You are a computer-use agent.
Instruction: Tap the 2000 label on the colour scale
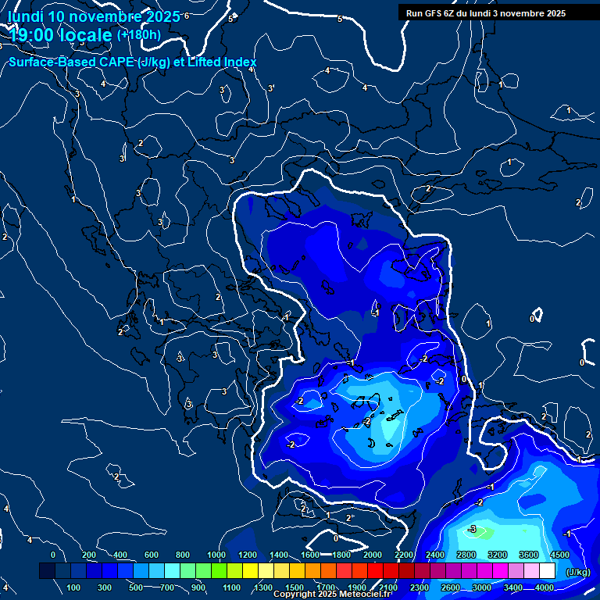pyautogui.click(x=373, y=555)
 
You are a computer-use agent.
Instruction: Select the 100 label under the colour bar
pyautogui.click(x=74, y=587)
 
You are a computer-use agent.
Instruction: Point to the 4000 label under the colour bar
pyautogui.click(x=545, y=587)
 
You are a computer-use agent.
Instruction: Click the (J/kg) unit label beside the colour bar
pyautogui.click(x=578, y=572)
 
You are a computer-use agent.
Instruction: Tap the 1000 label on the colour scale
pyautogui.click(x=216, y=555)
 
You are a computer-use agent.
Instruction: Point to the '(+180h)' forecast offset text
pyautogui.click(x=139, y=34)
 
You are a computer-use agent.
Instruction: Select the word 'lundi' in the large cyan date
pyautogui.click(x=25, y=16)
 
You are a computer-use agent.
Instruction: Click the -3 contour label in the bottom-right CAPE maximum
pyautogui.click(x=472, y=529)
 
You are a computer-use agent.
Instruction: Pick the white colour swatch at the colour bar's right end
pyautogui.click(x=547, y=571)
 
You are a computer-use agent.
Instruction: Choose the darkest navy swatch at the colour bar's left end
pyautogui.click(x=47, y=571)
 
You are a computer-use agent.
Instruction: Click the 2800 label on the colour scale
pyautogui.click(x=466, y=555)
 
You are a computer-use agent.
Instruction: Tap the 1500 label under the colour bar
pyautogui.click(x=295, y=587)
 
